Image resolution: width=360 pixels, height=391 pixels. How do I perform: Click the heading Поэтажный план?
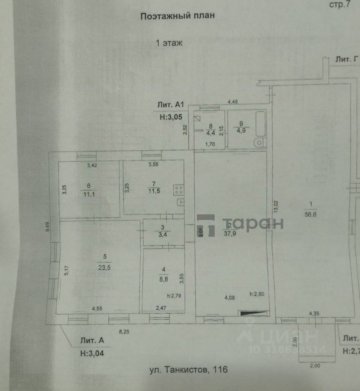[x=177, y=16]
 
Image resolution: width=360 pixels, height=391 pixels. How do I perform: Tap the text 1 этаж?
[x=170, y=42]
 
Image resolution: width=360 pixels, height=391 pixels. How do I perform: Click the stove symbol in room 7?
[x=179, y=189]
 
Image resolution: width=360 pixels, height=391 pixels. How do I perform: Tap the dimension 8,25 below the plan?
[x=124, y=332]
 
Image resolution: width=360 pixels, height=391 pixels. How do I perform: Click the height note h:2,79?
[x=174, y=296]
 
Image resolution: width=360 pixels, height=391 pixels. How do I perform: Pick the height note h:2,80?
[x=257, y=294]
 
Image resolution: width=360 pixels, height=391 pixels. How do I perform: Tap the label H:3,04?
[x=92, y=353]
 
